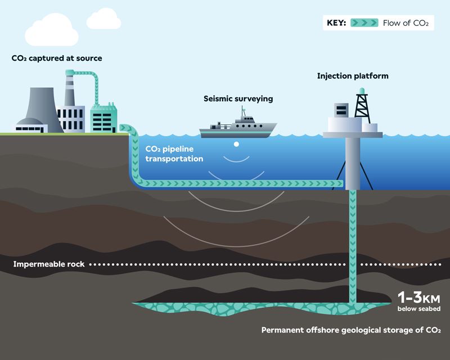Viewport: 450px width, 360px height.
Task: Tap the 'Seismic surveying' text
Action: (x=238, y=98)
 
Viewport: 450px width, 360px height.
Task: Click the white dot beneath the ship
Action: (x=237, y=145)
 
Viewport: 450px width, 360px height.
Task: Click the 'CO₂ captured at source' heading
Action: (x=56, y=58)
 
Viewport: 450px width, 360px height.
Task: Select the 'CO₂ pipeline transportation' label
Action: (x=174, y=154)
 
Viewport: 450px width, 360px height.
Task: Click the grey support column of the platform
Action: (x=352, y=163)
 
